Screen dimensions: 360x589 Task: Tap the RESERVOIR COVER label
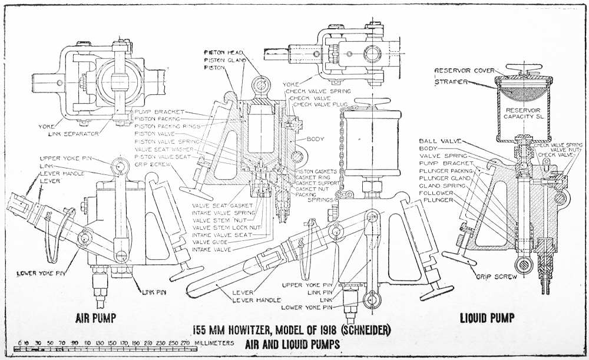[464, 71]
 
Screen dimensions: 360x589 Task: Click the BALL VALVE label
[438, 141]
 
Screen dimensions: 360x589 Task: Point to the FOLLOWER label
[436, 193]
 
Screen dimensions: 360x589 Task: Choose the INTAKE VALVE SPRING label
[223, 212]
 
